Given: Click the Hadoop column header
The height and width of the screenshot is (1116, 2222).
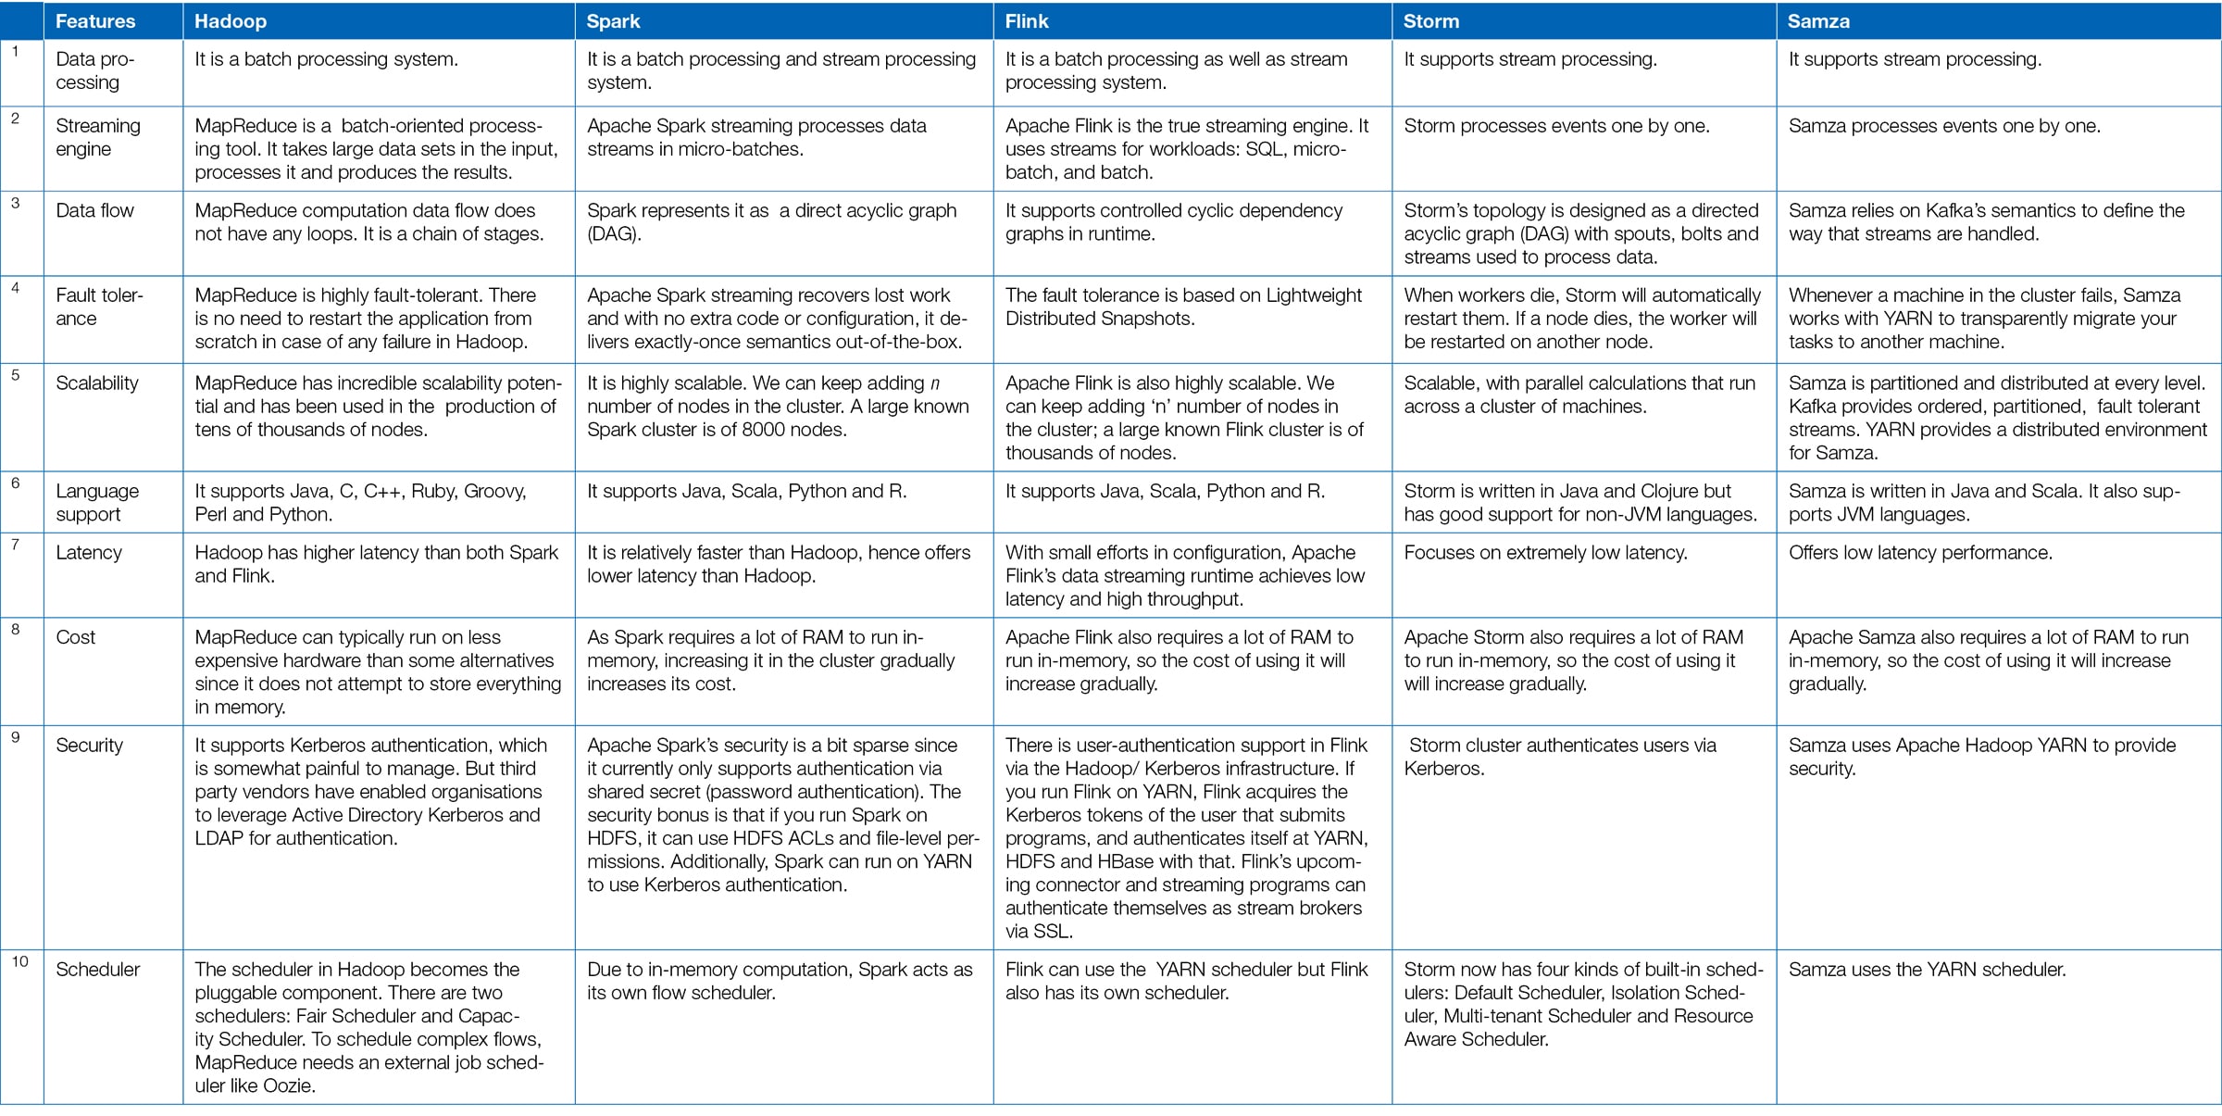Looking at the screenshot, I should pyautogui.click(x=231, y=21).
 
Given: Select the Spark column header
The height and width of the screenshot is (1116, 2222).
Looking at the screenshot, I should pyautogui.click(x=613, y=21).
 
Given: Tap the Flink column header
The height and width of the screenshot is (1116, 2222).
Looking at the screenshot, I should pyautogui.click(x=1027, y=21).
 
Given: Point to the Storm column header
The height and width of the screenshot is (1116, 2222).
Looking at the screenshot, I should pyautogui.click(x=1430, y=21).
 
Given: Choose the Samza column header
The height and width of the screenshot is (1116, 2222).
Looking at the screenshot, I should pyautogui.click(x=1818, y=21).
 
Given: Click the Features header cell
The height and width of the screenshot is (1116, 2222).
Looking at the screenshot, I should pyautogui.click(x=95, y=21).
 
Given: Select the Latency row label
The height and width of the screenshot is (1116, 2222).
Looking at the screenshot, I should pyautogui.click(x=89, y=553).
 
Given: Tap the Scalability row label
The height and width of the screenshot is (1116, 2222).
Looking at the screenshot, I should pyautogui.click(x=97, y=383).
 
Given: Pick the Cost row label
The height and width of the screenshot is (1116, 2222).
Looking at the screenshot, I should pyautogui.click(x=76, y=637).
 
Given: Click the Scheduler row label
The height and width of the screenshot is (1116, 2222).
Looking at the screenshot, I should pyautogui.click(x=98, y=970).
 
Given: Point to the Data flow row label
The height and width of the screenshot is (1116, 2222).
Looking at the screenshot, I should pyautogui.click(x=95, y=211).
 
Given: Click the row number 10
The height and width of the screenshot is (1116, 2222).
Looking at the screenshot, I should pyautogui.click(x=20, y=962).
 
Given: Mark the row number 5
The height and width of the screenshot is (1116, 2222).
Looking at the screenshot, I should pyautogui.click(x=16, y=376).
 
